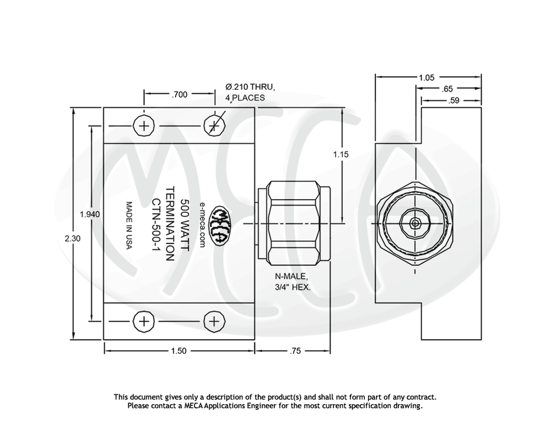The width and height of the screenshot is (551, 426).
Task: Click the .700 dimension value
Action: pos(180,94)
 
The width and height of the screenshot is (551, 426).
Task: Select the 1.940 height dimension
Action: pos(89,214)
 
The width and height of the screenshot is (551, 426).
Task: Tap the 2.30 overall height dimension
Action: pos(73,238)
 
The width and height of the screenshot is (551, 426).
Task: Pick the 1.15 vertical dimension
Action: pos(341,154)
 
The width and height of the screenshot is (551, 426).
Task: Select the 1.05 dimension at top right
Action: pos(427,77)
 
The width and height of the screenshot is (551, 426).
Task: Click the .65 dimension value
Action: pos(447,89)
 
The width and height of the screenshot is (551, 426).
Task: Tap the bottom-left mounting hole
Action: pos(144,321)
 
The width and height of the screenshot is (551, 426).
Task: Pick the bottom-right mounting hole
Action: pos(214,321)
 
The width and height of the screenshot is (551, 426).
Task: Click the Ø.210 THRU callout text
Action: pos(250,88)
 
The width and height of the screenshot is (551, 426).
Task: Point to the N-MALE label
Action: pos(291,276)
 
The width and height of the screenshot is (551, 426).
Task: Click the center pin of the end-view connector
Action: pos(414,223)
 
